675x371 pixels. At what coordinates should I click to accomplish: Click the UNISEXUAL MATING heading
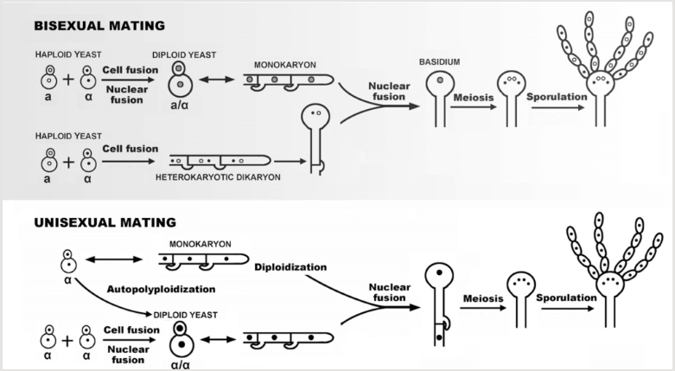(x=105, y=223)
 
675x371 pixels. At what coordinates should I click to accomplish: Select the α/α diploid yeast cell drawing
(x=181, y=337)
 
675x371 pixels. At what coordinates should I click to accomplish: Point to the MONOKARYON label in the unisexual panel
(x=203, y=245)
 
